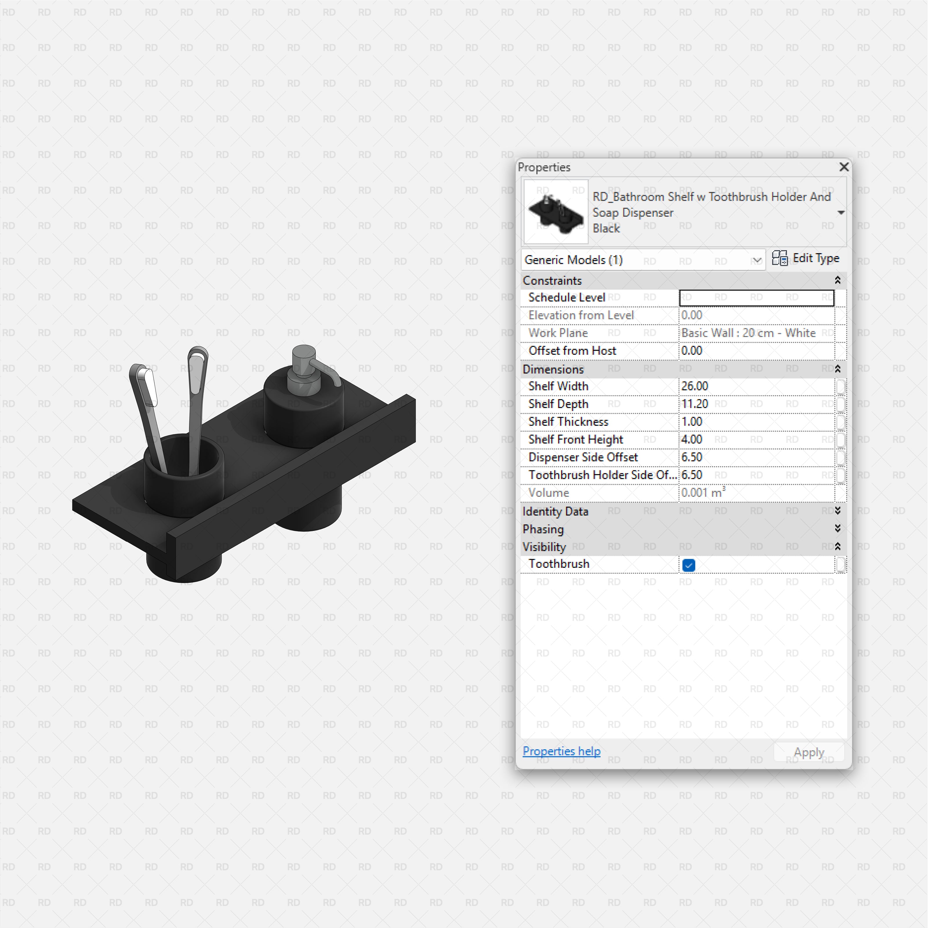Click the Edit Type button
tap(806, 258)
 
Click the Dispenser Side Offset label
tap(583, 457)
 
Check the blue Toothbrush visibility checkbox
tap(688, 565)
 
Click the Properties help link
tap(561, 751)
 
